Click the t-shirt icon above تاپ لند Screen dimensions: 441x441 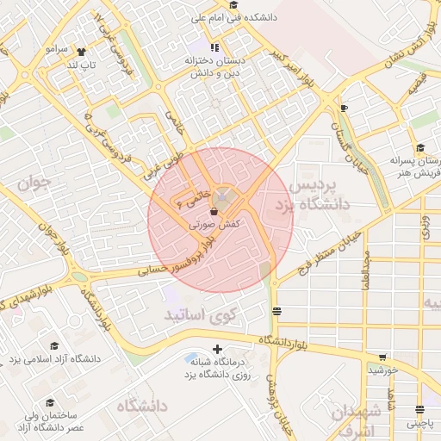coord(82,51)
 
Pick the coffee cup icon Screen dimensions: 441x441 coord(345,108)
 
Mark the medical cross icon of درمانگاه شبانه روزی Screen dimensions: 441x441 coord(216,350)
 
